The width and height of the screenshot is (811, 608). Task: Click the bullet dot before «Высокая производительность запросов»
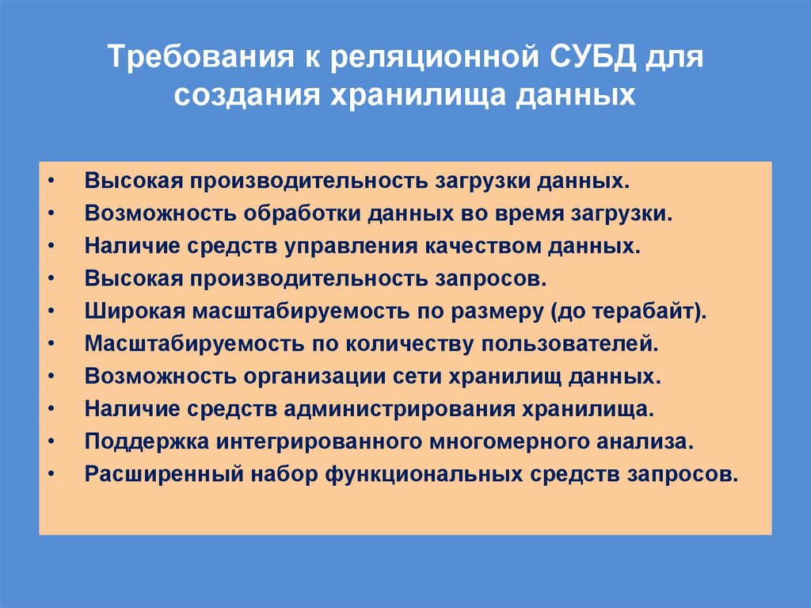[51, 279]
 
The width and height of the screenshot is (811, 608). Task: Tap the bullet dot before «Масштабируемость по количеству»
[51, 344]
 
